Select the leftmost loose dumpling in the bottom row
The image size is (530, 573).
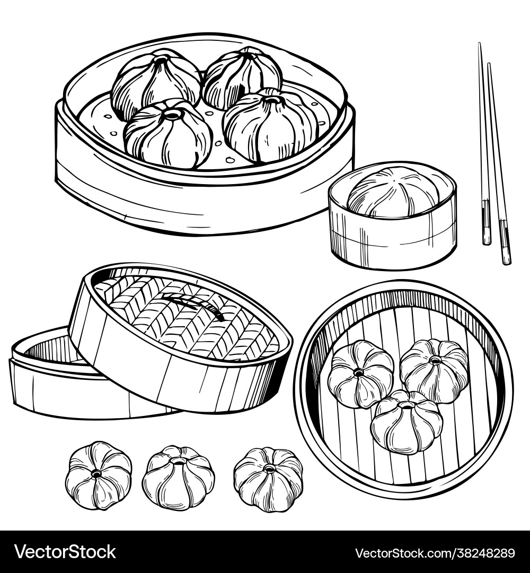click(x=99, y=475)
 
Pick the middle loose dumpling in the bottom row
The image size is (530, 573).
click(x=179, y=477)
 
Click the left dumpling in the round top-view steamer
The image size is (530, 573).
click(x=360, y=374)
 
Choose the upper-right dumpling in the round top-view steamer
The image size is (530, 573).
click(x=434, y=370)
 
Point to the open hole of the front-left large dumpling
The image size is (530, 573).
click(x=173, y=115)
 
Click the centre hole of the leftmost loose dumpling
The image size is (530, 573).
click(x=96, y=474)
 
